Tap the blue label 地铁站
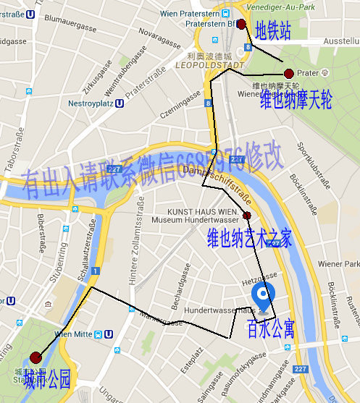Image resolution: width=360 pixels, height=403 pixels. [273, 31]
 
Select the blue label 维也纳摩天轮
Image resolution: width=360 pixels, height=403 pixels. [296, 99]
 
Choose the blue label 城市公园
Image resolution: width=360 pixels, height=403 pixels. [47, 378]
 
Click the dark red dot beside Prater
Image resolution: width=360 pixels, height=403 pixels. [289, 73]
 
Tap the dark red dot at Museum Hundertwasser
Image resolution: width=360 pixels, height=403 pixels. [247, 216]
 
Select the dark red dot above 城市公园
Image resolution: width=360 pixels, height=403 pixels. [36, 357]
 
